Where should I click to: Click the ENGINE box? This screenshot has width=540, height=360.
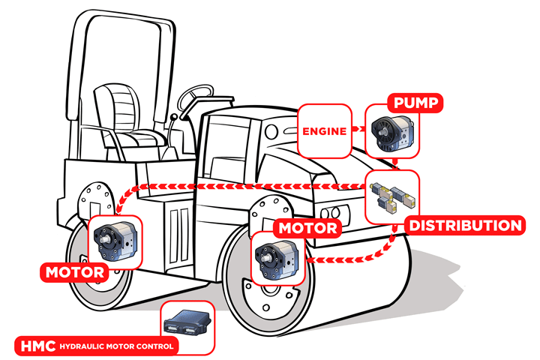click(325, 131)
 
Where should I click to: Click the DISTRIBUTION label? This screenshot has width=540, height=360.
click(463, 226)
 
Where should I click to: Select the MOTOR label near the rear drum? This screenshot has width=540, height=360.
click(74, 271)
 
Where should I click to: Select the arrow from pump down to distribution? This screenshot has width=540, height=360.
click(393, 163)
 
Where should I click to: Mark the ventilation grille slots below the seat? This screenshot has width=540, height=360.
click(178, 226)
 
